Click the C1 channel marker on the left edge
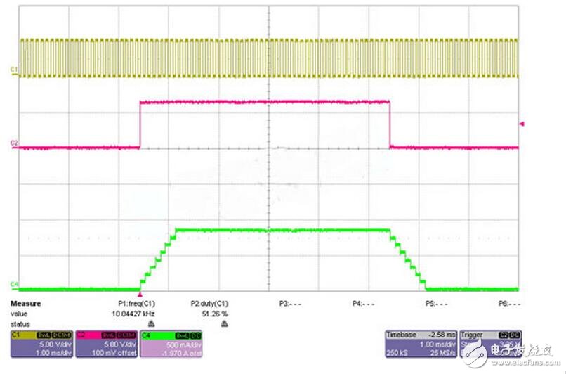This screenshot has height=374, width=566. (13, 68)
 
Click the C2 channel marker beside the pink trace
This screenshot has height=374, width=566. (13, 143)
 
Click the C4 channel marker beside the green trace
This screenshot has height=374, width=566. (13, 284)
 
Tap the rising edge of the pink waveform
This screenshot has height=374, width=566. (140, 125)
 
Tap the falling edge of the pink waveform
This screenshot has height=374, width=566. (389, 125)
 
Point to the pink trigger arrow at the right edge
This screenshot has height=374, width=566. (520, 124)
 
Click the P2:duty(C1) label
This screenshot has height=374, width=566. (209, 304)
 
